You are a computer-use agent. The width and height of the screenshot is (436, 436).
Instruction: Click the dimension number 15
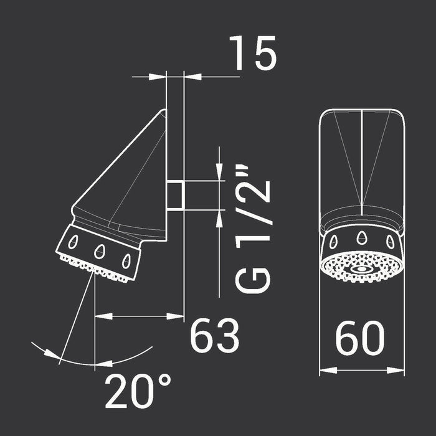click(x=253, y=53)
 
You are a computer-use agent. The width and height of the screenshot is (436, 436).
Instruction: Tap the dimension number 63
click(x=214, y=335)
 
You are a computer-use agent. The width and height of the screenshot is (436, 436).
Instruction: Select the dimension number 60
click(x=360, y=338)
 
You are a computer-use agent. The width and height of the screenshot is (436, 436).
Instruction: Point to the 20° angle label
click(x=138, y=391)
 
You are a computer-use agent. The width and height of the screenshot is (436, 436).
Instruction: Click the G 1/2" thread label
click(x=253, y=230)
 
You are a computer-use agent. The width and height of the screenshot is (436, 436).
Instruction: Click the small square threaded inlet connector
click(x=175, y=196)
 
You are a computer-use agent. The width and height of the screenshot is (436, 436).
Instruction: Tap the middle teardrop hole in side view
click(x=99, y=252)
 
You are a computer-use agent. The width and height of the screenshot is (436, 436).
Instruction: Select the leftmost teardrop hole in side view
click(x=73, y=242)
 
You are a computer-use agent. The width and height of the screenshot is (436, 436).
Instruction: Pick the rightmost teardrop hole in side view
click(x=126, y=261)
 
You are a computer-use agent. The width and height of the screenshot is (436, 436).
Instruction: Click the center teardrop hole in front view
click(x=361, y=237)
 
